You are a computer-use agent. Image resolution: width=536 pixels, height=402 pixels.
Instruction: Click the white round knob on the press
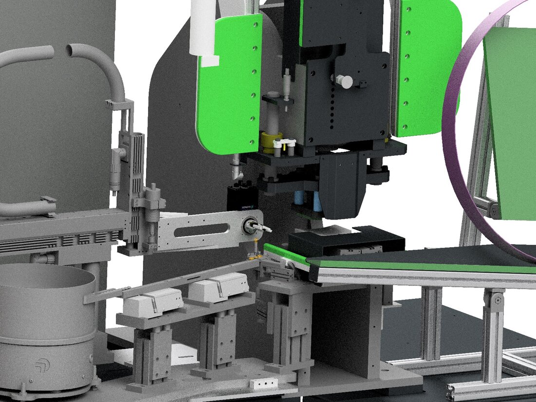click(x=346, y=81)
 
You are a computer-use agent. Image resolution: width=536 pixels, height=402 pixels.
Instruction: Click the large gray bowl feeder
click(x=46, y=302)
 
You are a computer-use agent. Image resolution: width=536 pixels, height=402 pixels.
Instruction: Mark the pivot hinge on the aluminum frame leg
click(x=497, y=300)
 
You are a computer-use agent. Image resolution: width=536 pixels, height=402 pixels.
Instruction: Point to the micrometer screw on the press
click(x=287, y=85)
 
